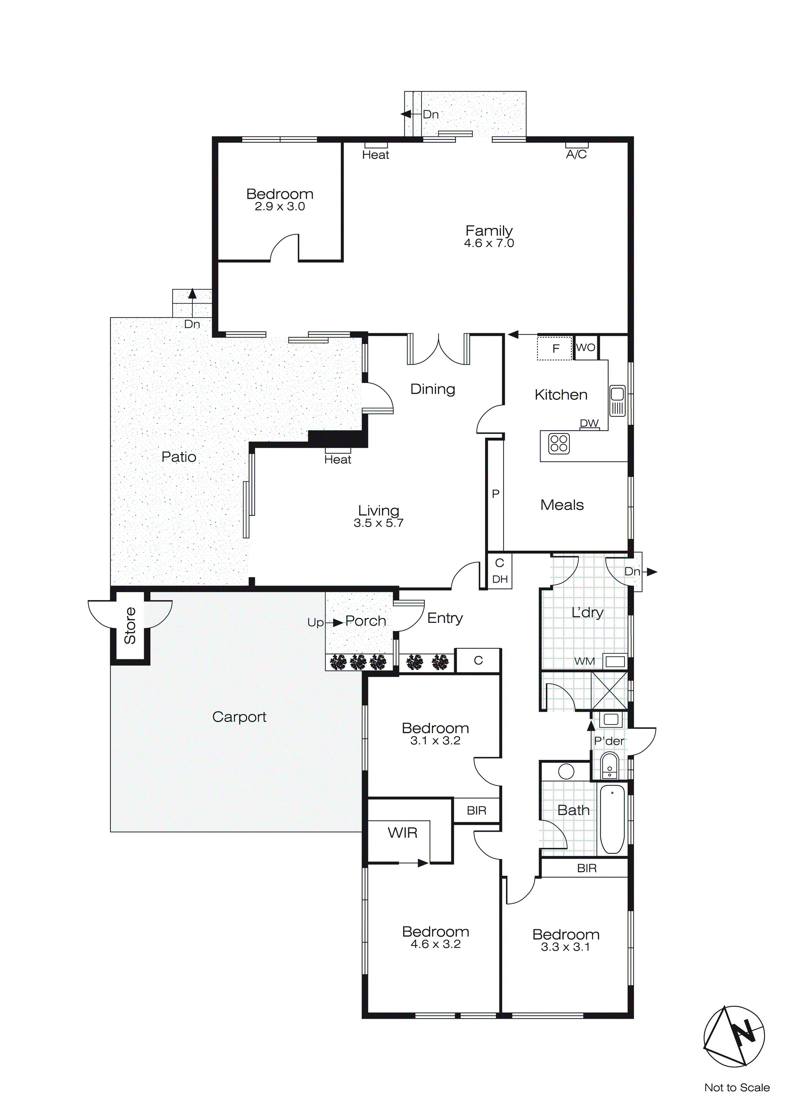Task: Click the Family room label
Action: click(x=489, y=230)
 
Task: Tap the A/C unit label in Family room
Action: click(x=576, y=154)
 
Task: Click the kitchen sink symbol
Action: click(x=617, y=400)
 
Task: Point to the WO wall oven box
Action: click(x=586, y=347)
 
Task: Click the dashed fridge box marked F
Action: click(x=555, y=348)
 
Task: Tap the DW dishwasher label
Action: click(x=589, y=423)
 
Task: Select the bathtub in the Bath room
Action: click(x=612, y=819)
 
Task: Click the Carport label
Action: click(x=239, y=717)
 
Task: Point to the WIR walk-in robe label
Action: click(x=402, y=833)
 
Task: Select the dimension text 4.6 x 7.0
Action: click(x=489, y=243)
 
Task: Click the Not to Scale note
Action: click(x=737, y=1088)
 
